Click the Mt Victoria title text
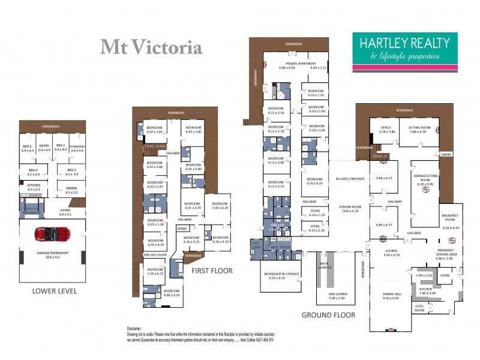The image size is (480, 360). [151, 47]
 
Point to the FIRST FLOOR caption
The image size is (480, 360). [212, 271]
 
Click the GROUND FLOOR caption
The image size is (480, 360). [328, 315]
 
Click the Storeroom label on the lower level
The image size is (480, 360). [76, 146]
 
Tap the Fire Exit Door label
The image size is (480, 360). [154, 255]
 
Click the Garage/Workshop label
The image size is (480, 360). [52, 254]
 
